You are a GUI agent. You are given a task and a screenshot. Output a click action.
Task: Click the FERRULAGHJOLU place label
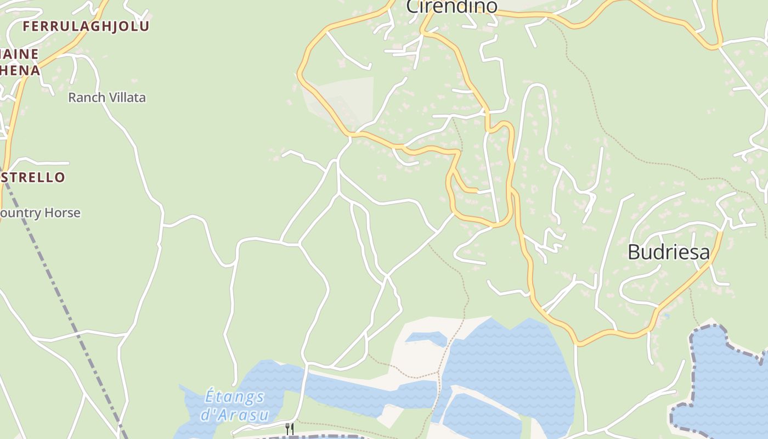coord(86,26)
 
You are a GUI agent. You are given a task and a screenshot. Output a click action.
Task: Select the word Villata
coord(127,98)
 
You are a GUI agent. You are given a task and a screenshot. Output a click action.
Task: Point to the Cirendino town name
coord(451,7)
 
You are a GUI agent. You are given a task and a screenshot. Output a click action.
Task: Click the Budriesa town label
coord(668,252)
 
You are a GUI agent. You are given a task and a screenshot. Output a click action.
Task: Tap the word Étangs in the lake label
coord(234,396)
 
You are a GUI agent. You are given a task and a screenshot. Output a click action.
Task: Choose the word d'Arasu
coord(234,414)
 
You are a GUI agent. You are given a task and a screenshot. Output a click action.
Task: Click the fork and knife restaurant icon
coord(290,428)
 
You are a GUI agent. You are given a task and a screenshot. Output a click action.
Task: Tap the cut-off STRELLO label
coord(33,177)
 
